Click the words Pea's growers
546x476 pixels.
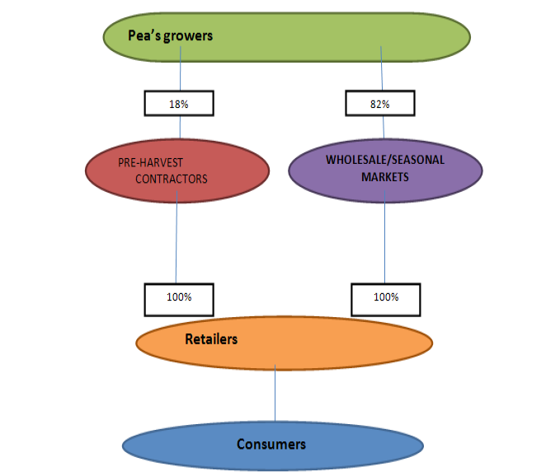pos(170,35)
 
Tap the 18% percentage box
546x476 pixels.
pos(179,103)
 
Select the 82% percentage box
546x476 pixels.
pos(380,103)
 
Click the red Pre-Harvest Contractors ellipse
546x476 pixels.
pos(177,170)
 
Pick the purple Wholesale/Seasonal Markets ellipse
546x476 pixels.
pos(385,170)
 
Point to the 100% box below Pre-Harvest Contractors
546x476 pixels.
pos(179,300)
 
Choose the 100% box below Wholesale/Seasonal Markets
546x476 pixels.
pos(386,300)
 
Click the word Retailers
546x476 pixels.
pos(211,339)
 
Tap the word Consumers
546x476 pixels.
pos(271,444)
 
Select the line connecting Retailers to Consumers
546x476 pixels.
pos(275,393)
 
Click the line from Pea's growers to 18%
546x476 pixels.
pos(181,68)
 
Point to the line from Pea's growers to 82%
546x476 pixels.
pos(382,68)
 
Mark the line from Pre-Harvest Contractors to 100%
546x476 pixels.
pos(177,237)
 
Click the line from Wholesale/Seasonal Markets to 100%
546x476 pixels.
pos(385,237)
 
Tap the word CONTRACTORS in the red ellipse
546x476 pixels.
pos(172,179)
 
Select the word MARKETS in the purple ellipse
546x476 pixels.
pos(385,177)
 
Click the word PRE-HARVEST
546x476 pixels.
pos(150,162)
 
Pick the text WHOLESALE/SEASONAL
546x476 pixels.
pos(385,160)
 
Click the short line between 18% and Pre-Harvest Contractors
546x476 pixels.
pos(180,128)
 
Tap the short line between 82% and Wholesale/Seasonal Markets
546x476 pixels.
pos(384,128)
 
